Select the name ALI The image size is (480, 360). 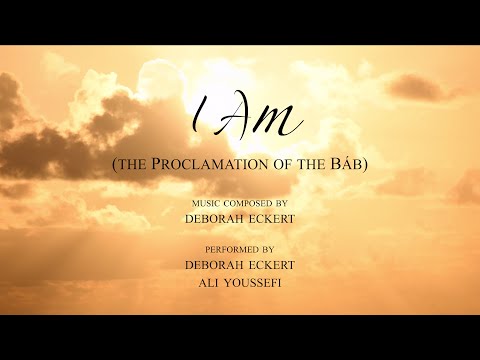coord(197,282)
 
